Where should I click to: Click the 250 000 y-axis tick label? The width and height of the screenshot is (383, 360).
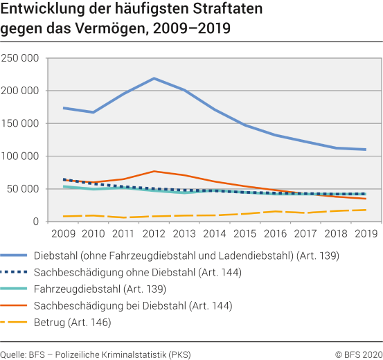point(20,58)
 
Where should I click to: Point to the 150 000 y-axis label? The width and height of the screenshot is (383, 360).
point(20,123)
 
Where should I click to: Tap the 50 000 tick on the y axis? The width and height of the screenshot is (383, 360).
point(23,189)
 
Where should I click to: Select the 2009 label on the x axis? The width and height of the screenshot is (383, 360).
point(63,234)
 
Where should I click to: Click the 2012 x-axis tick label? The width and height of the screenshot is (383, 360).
point(154,234)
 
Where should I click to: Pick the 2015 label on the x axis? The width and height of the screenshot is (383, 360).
point(244,234)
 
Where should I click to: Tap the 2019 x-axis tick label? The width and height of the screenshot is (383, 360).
point(366,234)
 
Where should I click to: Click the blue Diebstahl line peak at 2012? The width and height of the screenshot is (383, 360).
point(154,78)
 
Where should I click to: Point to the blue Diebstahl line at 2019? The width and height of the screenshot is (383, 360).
point(365,150)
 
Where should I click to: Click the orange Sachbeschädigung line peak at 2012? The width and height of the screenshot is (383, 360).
point(154,171)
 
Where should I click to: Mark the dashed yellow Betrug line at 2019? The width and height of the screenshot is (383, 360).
point(365,210)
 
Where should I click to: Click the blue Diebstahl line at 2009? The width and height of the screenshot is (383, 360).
point(63,108)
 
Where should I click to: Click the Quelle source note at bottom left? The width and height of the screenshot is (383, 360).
point(96,354)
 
